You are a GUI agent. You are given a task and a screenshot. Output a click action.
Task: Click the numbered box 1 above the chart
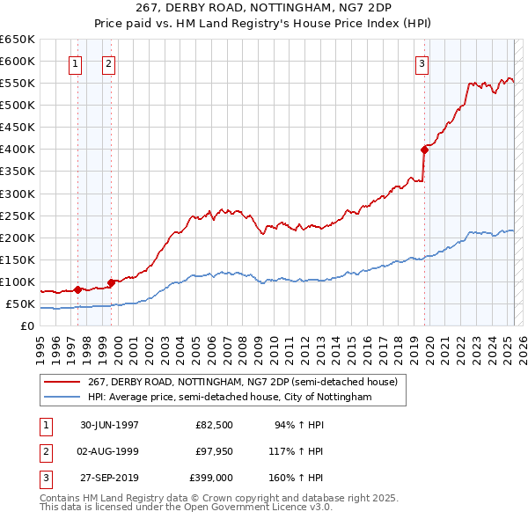click(x=76, y=62)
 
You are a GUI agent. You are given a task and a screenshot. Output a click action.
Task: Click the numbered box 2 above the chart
click(x=107, y=62)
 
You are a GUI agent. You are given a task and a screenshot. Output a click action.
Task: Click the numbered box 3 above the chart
click(x=422, y=62)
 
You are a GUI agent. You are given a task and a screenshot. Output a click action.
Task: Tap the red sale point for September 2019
click(x=424, y=150)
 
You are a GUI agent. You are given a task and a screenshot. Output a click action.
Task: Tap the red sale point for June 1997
click(x=78, y=289)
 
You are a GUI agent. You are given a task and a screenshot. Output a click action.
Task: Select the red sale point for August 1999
click(x=112, y=282)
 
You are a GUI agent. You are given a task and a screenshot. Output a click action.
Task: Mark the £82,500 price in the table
click(x=214, y=425)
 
